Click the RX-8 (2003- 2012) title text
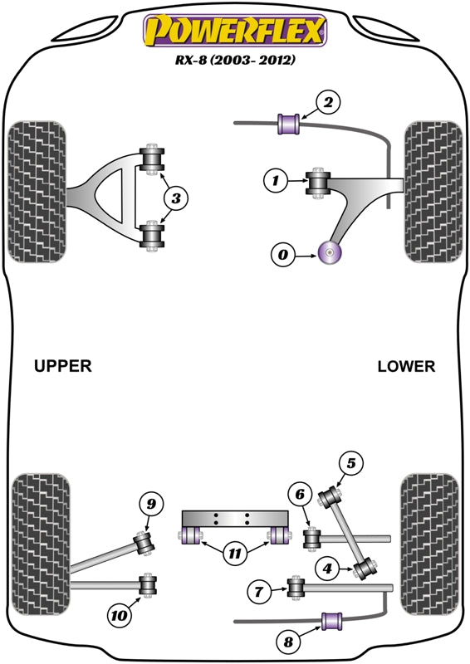[x=235, y=61]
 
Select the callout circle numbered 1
[x=275, y=178]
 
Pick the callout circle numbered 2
[x=328, y=103]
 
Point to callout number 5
[x=350, y=464]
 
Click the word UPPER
[x=63, y=366]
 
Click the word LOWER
[x=405, y=366]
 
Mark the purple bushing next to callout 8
[x=332, y=620]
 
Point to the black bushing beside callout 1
[x=319, y=183]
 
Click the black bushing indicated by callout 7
[x=295, y=589]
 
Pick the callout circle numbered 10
[x=119, y=615]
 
